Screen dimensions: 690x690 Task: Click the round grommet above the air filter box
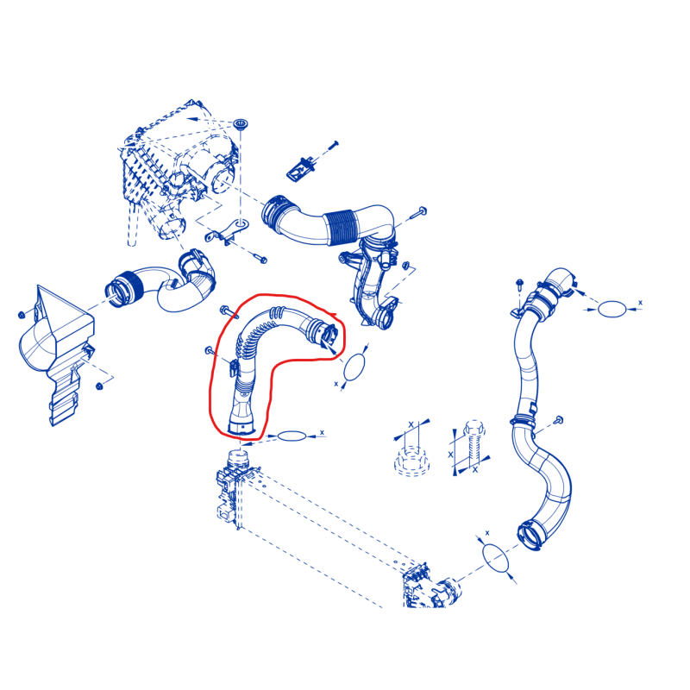[x=240, y=123]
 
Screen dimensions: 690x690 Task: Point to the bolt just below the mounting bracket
[x=260, y=258]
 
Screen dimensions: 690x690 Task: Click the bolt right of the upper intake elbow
[x=418, y=213]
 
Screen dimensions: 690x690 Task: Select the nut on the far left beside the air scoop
[x=22, y=315]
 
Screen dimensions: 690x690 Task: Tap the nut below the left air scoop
[x=99, y=386]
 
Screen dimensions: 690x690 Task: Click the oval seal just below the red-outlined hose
[x=292, y=436]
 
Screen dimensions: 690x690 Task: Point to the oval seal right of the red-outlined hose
[x=354, y=367]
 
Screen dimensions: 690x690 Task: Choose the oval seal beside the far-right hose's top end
[x=612, y=309]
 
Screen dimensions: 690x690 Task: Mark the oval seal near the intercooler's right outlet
[x=496, y=558]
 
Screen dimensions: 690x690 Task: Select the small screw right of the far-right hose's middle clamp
[x=559, y=419]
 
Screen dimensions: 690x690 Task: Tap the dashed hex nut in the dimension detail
[x=411, y=461]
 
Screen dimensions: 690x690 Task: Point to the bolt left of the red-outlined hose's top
[x=229, y=311]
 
